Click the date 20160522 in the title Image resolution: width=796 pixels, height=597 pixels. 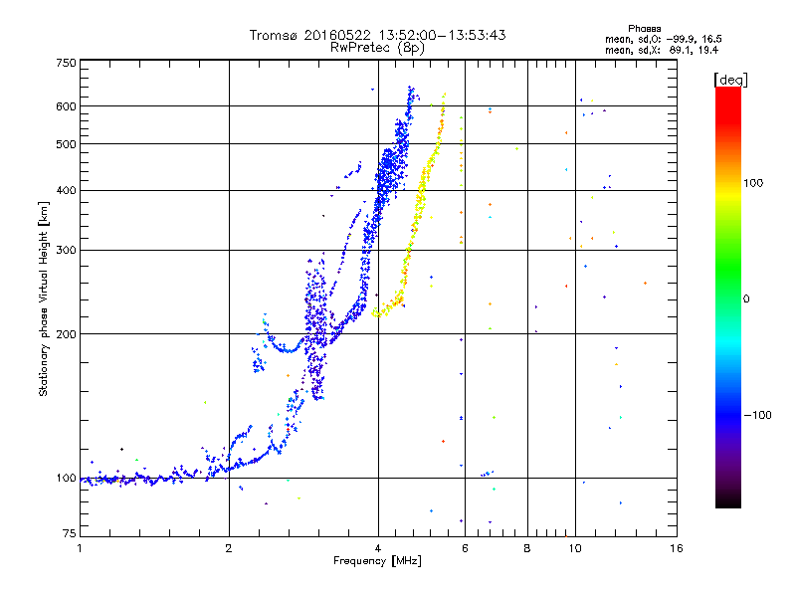337,35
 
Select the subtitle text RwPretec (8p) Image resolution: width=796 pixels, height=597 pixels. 377,48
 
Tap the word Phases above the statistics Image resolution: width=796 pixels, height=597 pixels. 644,29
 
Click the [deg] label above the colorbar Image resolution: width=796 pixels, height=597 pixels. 730,80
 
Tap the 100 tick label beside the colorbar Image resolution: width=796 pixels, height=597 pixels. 753,183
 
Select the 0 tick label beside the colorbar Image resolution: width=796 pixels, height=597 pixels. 746,298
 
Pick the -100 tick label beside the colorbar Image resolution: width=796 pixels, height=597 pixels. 757,415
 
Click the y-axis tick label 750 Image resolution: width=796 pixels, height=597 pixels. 66,63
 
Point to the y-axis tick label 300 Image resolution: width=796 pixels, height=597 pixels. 66,250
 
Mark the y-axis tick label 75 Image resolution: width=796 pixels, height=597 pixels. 70,532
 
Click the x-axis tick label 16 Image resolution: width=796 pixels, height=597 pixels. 677,548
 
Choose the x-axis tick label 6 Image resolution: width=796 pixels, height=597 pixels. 465,548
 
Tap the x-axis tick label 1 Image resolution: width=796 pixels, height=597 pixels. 80,548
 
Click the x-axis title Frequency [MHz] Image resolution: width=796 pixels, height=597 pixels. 377,561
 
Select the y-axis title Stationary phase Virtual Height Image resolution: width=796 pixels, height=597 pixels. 44,299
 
